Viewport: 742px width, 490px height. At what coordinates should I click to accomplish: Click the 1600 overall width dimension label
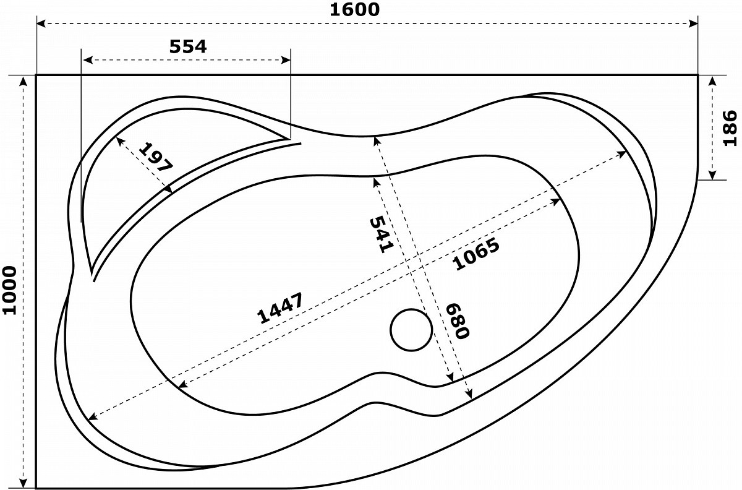pos(354,10)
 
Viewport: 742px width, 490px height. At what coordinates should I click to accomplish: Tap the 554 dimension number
pos(188,46)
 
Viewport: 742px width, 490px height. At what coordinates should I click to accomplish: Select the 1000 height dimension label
pos(10,290)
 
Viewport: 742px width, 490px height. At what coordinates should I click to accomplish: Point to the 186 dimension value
pos(730,128)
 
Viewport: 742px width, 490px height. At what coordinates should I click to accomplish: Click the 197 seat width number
pos(156,157)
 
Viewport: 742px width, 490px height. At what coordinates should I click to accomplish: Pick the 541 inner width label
pos(382,234)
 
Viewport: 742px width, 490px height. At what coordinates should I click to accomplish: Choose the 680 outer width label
pos(458,321)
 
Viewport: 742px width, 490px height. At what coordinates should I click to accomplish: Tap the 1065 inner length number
pos(475,254)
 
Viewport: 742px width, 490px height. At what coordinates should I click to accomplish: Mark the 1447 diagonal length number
pos(280,307)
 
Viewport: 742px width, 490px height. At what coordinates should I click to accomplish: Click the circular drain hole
pos(411,330)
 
